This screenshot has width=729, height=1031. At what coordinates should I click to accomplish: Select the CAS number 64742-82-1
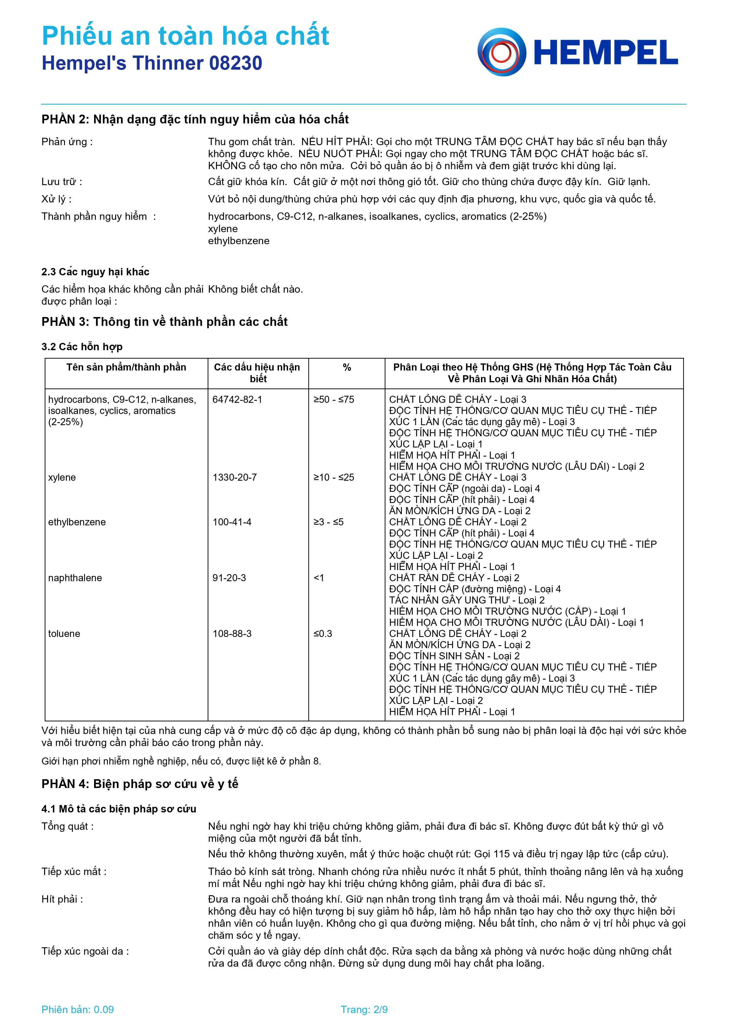pyautogui.click(x=237, y=399)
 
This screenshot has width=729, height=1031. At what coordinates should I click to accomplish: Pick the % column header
pyautogui.click(x=347, y=367)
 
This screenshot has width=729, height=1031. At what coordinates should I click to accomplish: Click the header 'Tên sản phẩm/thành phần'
pyautogui.click(x=126, y=367)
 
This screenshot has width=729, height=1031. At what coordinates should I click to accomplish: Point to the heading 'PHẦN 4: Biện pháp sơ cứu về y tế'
pyautogui.click(x=140, y=784)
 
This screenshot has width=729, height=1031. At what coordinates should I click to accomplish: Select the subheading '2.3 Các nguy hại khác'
pyautogui.click(x=95, y=272)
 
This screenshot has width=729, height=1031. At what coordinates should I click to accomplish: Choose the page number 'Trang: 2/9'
pyautogui.click(x=364, y=1010)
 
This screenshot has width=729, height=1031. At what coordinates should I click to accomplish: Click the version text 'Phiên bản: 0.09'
pyautogui.click(x=78, y=1010)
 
